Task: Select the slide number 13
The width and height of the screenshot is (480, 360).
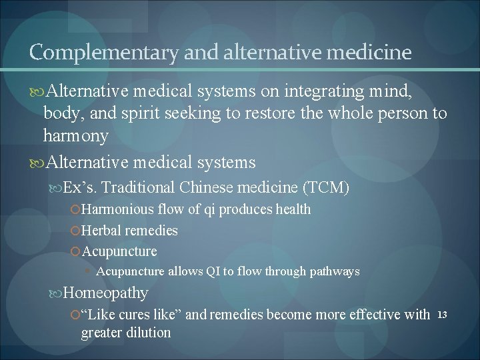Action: tap(443, 314)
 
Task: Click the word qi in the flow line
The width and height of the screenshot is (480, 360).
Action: tap(209, 209)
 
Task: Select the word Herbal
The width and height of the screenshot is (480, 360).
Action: tap(101, 231)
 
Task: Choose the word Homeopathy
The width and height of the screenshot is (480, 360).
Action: tap(105, 293)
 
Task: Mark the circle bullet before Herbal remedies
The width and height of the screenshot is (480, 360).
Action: tap(75, 231)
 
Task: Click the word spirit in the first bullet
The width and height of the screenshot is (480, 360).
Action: tap(139, 113)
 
